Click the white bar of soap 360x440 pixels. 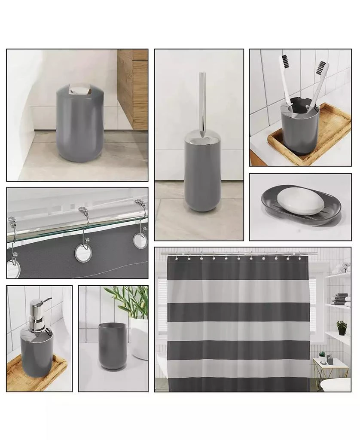(x=300, y=201)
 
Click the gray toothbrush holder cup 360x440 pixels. (x=300, y=131)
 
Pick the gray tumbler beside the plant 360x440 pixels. (x=113, y=346)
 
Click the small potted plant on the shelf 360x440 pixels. (x=342, y=327)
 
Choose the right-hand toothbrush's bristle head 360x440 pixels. (x=323, y=69)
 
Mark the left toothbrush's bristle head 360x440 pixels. (x=284, y=63)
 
